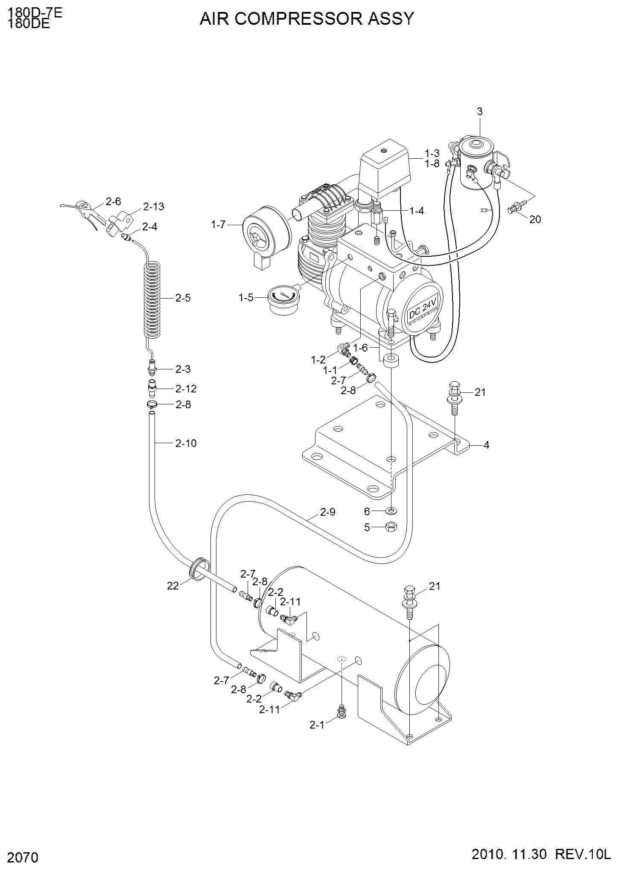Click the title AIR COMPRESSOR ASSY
coord(307,19)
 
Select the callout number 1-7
coord(218,224)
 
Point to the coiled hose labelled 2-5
coord(152,301)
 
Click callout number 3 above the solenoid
coord(480,112)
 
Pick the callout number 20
coord(535,219)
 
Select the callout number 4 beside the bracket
coord(486,445)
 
